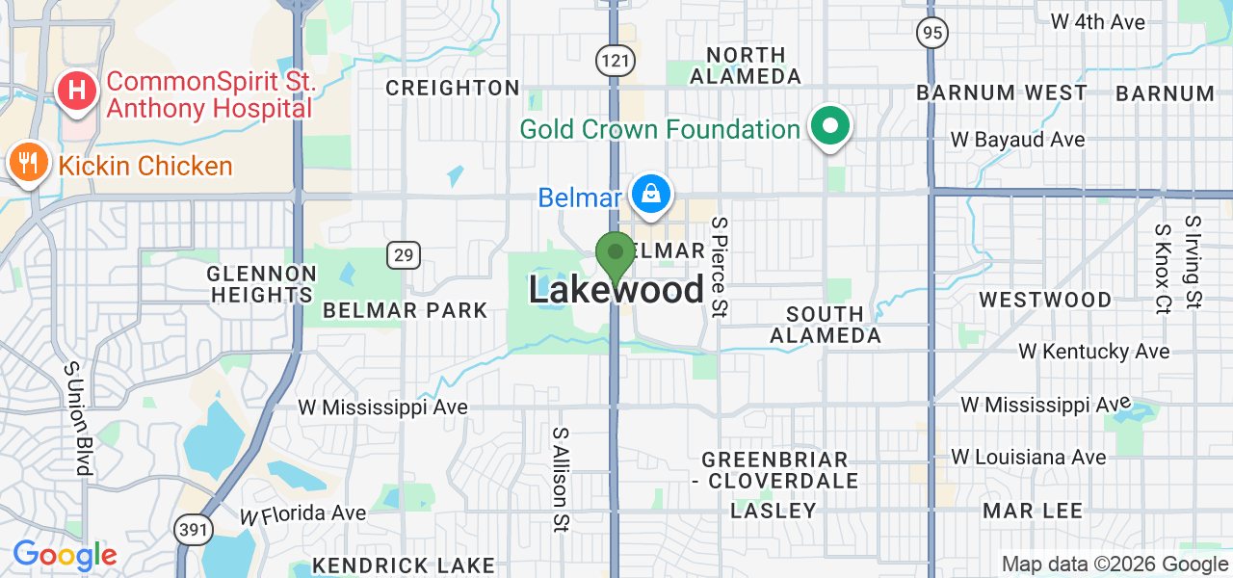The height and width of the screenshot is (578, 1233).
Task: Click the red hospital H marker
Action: [x=78, y=92]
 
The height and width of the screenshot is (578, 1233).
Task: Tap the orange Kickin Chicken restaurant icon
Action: [x=30, y=161]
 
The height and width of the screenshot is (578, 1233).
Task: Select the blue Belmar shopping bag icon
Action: [x=652, y=194]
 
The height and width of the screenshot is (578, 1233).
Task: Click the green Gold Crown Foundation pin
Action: [x=828, y=125]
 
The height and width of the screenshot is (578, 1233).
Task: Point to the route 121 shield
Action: [x=615, y=61]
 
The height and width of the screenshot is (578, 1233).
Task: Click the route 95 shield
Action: [x=931, y=34]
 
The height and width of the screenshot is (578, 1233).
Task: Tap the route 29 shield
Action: [x=404, y=255]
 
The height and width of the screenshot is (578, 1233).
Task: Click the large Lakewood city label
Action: [x=616, y=290]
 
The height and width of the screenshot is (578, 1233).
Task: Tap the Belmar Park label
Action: [x=406, y=310]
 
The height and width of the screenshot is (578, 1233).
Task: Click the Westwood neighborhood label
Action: [x=1045, y=300]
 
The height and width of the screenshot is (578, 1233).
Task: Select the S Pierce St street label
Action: [x=720, y=267]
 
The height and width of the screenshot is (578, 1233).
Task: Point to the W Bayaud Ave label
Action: [x=1017, y=140]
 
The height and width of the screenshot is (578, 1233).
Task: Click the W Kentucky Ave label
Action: [x=1094, y=352]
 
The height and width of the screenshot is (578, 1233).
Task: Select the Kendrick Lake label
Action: [x=404, y=565]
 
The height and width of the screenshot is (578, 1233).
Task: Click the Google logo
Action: [x=65, y=555]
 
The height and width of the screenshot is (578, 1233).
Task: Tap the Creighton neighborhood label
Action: [x=453, y=88]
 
